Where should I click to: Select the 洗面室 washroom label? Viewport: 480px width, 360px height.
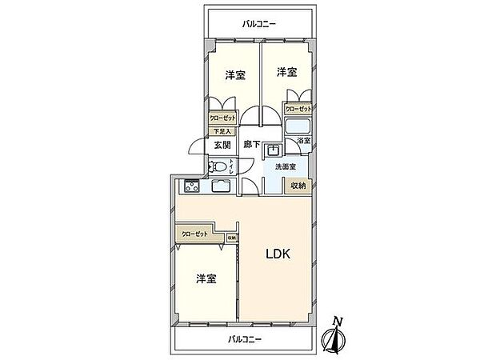coord(286,166)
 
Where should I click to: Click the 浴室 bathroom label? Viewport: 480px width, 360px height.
coord(303,141)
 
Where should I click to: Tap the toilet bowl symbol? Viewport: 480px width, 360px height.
coord(216,167)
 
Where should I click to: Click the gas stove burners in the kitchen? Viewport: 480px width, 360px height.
coord(192,188)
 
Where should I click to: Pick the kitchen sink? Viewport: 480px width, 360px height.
coord(220,188)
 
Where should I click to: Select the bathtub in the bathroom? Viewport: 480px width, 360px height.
coord(298,126)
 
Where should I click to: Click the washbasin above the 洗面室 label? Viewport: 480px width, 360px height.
coord(274,149)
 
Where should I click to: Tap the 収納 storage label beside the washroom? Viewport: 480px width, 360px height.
coord(298,186)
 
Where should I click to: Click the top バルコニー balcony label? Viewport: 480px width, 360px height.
coord(259,25)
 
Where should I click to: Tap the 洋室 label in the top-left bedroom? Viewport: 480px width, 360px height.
coord(234,75)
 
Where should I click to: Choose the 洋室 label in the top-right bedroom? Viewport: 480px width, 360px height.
coord(287,73)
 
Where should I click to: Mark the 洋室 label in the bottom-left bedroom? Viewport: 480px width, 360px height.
coord(206,278)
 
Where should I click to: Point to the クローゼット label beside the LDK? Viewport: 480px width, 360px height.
coord(194,234)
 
